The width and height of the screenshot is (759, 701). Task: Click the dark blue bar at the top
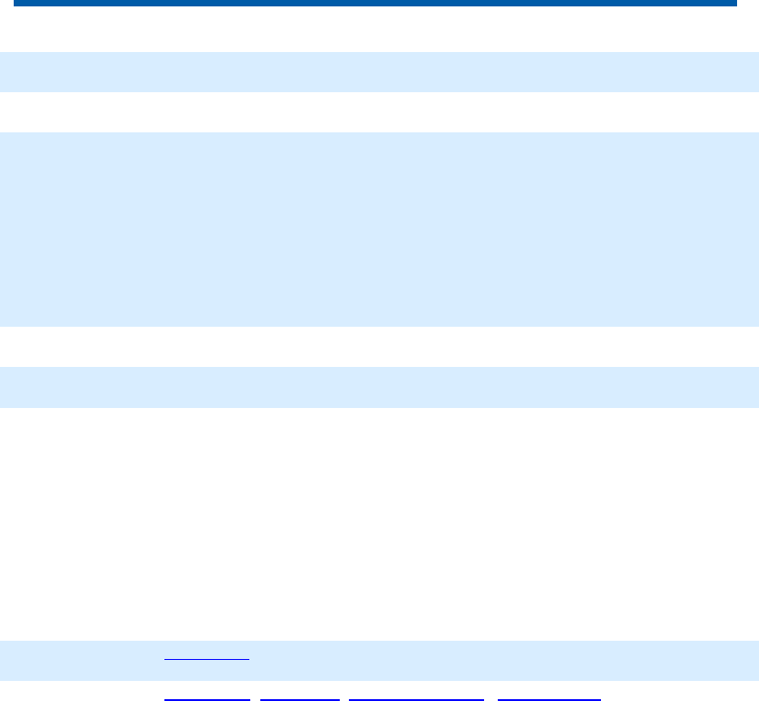pyautogui.click(x=374, y=4)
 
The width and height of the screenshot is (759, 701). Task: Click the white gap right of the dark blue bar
pyautogui.click(x=748, y=4)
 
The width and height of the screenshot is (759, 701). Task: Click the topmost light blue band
pyautogui.click(x=379, y=71)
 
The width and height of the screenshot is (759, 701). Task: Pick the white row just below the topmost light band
pyautogui.click(x=379, y=112)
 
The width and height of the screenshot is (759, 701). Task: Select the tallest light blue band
pyautogui.click(x=379, y=229)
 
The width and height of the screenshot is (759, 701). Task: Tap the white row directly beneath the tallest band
pyautogui.click(x=379, y=347)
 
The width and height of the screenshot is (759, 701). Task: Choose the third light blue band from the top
pyautogui.click(x=379, y=387)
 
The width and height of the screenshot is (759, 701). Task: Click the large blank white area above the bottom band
pyautogui.click(x=379, y=523)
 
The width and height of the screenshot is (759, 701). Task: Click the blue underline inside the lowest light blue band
pyautogui.click(x=206, y=658)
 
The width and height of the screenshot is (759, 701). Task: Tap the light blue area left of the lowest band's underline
pyautogui.click(x=82, y=660)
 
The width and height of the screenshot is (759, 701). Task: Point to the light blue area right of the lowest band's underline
pyautogui.click(x=502, y=660)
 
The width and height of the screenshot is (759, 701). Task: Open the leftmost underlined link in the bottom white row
pyautogui.click(x=206, y=698)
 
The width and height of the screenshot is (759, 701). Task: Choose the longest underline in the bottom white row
pyautogui.click(x=416, y=698)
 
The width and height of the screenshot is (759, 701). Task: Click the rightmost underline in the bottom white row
pyautogui.click(x=549, y=698)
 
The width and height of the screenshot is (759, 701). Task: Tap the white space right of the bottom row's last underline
pyautogui.click(x=680, y=694)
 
